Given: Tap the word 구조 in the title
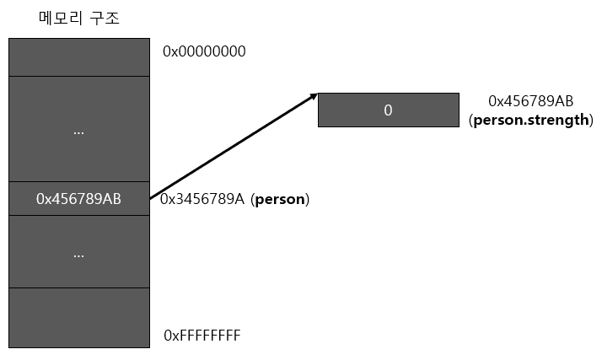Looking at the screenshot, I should point(105,18).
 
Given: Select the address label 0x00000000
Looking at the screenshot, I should point(204,51).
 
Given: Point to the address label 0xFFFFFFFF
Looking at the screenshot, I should point(202,336).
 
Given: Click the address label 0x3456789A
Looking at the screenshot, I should point(202,200).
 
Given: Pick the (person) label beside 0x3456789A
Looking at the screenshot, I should point(281,200).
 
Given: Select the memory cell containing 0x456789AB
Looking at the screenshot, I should point(78,199).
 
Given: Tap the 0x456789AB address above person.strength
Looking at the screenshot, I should point(530,101).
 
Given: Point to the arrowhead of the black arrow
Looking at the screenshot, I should point(314,94).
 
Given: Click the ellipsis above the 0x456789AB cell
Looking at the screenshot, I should point(78,132).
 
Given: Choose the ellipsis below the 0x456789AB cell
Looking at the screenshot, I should point(78,253).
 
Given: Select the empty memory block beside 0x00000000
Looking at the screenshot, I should point(78,56).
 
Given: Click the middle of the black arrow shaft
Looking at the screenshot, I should point(234,146).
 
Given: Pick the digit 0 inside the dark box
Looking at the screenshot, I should point(388,110).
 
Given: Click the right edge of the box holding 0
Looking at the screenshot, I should point(459,110).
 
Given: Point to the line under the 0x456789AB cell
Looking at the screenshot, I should point(78,216).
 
